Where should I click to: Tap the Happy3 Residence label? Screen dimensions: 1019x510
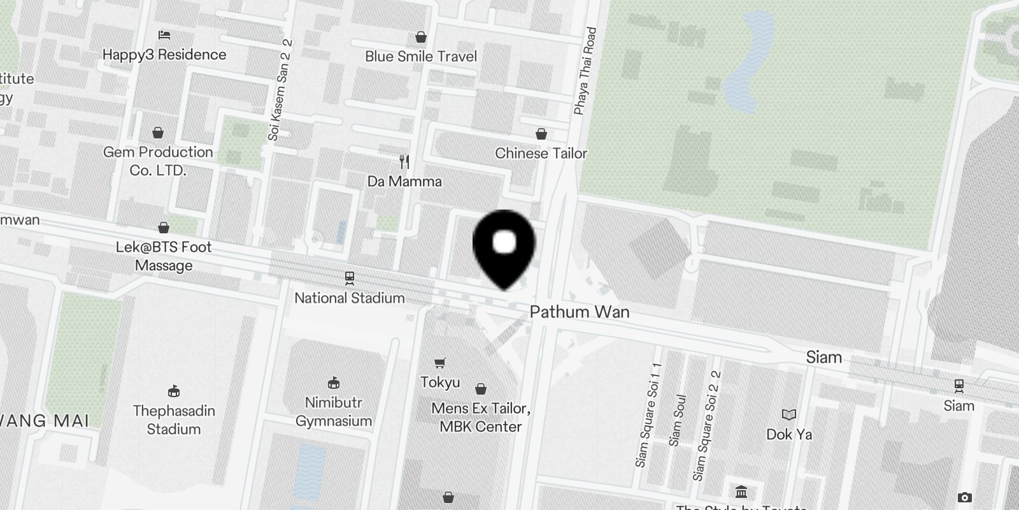[x=164, y=55]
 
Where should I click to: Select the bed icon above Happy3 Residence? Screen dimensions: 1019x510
[x=164, y=35]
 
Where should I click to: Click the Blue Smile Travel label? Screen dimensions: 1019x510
[x=421, y=57]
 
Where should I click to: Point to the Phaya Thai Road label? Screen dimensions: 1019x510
[x=585, y=71]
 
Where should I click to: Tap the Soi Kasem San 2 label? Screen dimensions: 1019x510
[x=280, y=90]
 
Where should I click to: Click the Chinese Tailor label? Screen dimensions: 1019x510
[x=541, y=154]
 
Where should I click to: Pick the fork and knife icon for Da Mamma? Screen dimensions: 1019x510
[x=404, y=162]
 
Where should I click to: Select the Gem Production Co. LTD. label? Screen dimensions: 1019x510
[x=158, y=161]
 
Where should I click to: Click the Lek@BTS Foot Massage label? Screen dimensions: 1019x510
[x=164, y=256]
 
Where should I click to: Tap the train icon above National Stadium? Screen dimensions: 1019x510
[x=350, y=278]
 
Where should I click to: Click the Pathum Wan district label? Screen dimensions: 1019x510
[x=580, y=312]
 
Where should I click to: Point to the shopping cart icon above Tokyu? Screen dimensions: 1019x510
[x=439, y=363]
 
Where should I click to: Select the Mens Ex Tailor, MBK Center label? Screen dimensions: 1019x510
[x=481, y=418]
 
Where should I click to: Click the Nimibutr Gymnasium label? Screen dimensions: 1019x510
[x=334, y=412]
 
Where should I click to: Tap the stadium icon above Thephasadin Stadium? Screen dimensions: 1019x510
[x=174, y=391]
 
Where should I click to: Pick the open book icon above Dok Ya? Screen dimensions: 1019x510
[x=789, y=415]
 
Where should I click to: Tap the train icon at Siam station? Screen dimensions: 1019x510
[x=958, y=386]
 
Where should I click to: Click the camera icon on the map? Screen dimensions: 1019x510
[x=965, y=497]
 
